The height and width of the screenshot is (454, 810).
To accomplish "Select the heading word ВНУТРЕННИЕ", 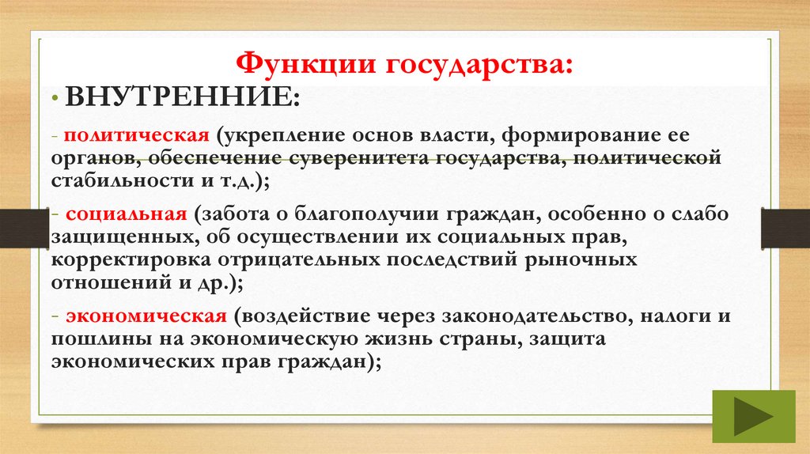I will [180, 99].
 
